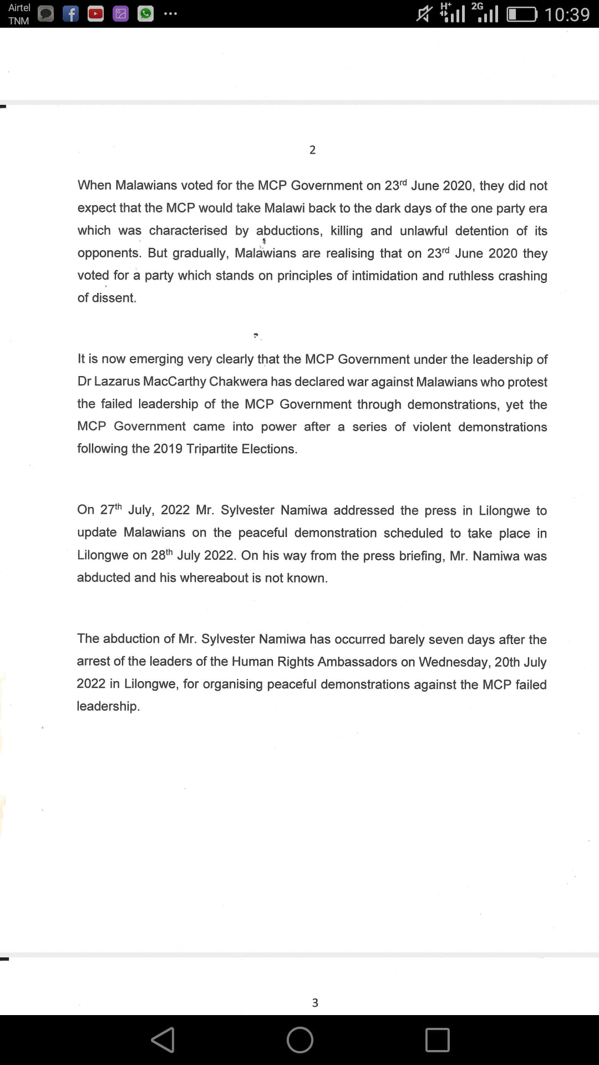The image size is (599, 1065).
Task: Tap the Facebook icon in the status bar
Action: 70,14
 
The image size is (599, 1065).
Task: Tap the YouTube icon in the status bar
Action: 95,14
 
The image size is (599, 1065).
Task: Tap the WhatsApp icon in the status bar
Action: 145,14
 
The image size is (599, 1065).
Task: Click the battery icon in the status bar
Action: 522,14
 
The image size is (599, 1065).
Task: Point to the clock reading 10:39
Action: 567,14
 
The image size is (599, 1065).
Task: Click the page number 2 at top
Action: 312,150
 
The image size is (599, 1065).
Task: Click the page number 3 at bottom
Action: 315,1002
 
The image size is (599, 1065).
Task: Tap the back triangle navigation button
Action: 163,1039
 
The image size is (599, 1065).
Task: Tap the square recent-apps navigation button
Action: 437,1039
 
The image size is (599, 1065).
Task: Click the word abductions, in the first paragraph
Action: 289,231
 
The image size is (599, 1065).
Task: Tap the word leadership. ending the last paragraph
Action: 108,706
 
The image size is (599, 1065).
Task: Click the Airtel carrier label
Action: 19,8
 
